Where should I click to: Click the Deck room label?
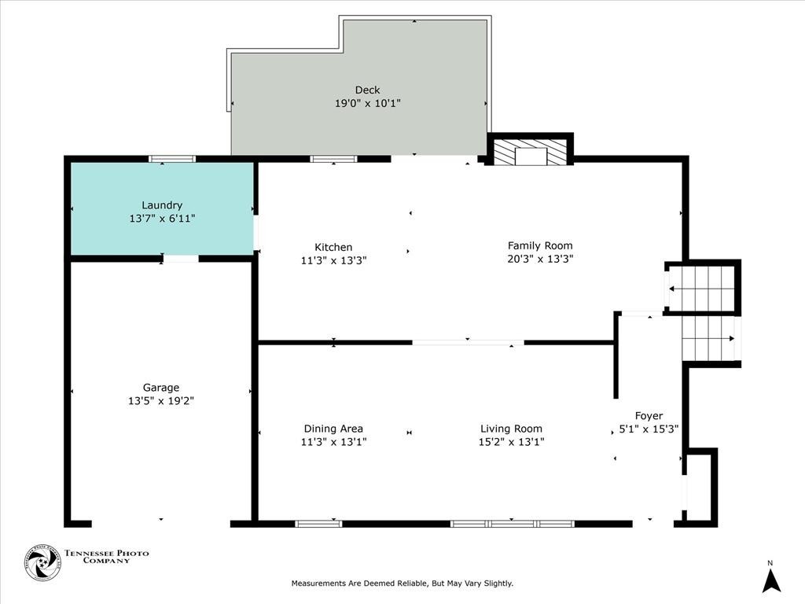pos(368,90)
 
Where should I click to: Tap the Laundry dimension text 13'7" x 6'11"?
pos(162,219)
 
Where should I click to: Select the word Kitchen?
pos(333,247)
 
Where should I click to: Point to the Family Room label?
pos(540,245)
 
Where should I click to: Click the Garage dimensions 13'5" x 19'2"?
pos(160,400)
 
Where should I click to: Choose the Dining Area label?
pos(333,429)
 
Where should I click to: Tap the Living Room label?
pos(511,429)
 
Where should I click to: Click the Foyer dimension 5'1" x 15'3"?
pos(649,429)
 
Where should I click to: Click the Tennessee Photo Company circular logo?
pos(43,563)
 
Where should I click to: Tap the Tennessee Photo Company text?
pos(107,557)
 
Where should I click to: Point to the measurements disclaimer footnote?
pos(402,583)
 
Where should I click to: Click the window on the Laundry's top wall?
pos(172,159)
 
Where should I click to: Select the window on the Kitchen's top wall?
pos(333,159)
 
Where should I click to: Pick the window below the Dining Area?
pos(319,524)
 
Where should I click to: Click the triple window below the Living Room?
pos(513,524)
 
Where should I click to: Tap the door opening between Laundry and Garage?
pos(180,259)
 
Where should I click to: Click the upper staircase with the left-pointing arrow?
pos(700,288)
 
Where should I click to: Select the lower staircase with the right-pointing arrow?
pos(711,338)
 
